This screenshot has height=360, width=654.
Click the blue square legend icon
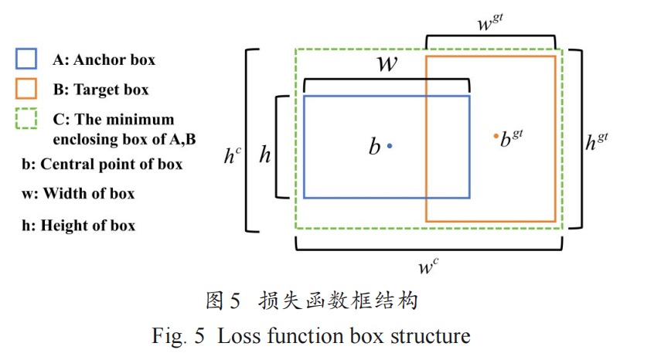26,59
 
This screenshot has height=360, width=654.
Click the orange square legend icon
26,89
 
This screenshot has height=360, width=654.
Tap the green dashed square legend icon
26,120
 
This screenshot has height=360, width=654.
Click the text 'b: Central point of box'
102,164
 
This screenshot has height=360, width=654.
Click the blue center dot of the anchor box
390,145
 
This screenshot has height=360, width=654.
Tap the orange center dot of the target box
496,136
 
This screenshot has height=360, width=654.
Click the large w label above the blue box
386,63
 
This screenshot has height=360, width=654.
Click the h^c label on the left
232,155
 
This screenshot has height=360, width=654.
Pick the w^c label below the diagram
428,267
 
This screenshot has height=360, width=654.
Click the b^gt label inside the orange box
513,139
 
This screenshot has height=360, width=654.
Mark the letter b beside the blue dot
374,147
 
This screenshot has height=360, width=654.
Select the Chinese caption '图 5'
224,301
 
